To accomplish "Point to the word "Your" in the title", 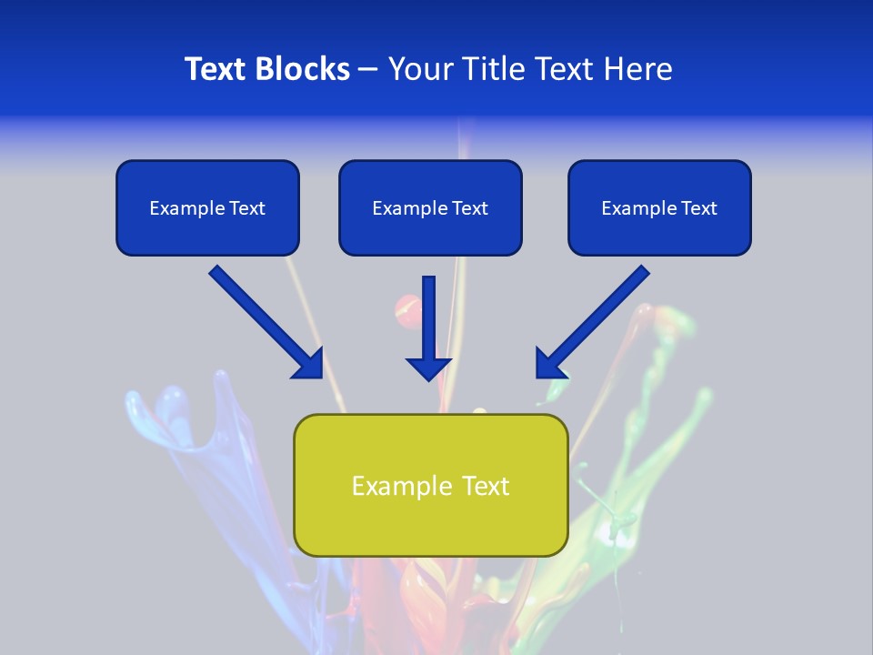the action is [421, 69].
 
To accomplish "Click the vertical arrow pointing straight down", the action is [429, 323].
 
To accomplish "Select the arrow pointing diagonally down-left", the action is [596, 318].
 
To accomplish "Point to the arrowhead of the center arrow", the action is [429, 367].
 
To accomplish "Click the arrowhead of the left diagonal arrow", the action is [309, 364].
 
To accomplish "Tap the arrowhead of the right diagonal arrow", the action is [549, 363].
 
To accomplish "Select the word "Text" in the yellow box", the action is [486, 486].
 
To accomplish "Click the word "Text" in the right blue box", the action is [698, 208].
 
